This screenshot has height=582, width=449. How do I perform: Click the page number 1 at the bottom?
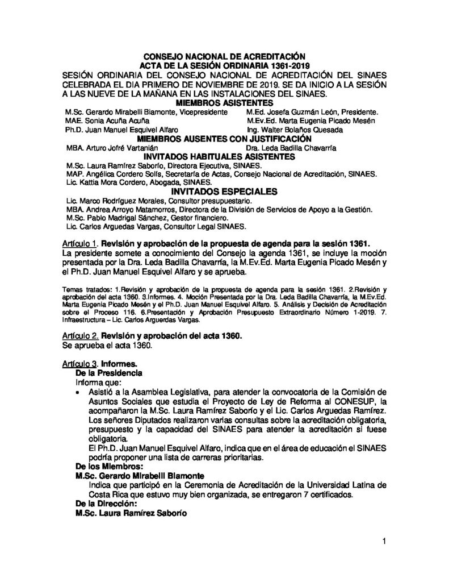(x=384, y=542)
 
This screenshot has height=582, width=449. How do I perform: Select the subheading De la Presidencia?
(x=105, y=373)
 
